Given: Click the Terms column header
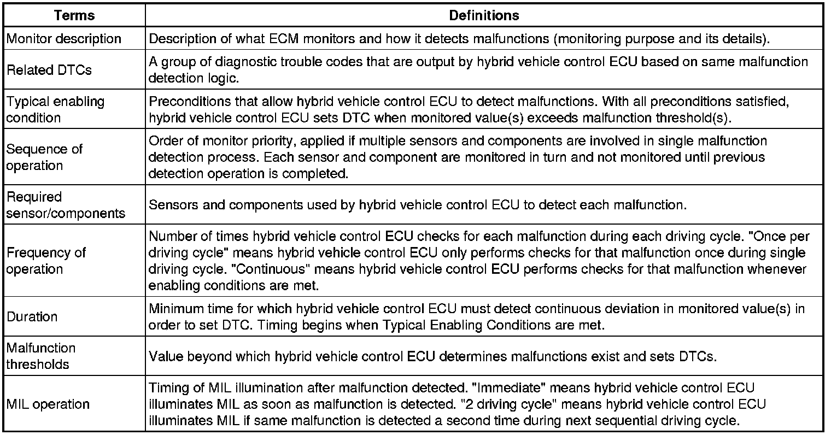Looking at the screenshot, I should [x=74, y=16].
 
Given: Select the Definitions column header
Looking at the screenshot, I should [x=484, y=16].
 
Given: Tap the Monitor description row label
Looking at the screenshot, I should [x=64, y=39].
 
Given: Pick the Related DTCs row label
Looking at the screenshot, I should [x=49, y=70].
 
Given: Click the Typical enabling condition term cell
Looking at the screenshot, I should [x=55, y=109].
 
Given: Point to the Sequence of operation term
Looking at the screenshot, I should [x=44, y=157].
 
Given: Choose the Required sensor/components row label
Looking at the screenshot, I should [x=66, y=205].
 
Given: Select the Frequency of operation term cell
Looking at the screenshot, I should [x=46, y=261].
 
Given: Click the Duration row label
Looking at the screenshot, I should [x=32, y=316].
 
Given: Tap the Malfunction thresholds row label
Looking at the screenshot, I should [x=41, y=356].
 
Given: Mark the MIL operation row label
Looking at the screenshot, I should [x=48, y=404].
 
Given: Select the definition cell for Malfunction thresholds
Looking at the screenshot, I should [x=432, y=356].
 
